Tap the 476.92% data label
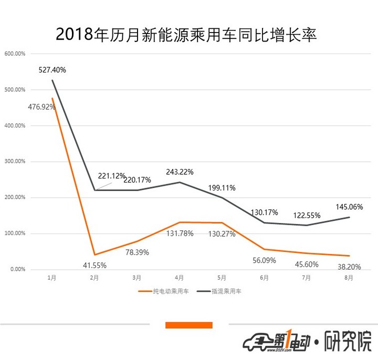41,107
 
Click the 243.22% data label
180,172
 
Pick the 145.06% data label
349,206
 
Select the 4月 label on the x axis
179,278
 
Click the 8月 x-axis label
349,278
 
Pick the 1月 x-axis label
52,278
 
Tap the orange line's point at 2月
94,255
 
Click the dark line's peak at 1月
52,80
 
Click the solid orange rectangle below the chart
188,325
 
